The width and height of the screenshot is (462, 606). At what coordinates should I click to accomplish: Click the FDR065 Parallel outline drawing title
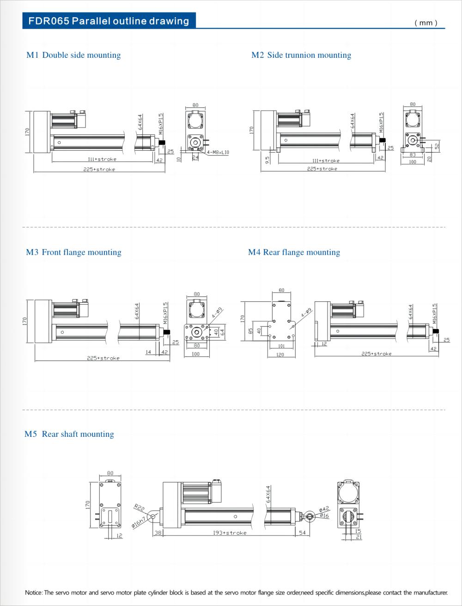pyautogui.click(x=109, y=21)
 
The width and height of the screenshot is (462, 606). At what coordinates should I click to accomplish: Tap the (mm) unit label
pyautogui.click(x=426, y=23)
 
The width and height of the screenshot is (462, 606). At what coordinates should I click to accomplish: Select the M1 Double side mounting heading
pyautogui.click(x=73, y=55)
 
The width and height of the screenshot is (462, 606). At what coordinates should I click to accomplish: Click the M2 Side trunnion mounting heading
pyautogui.click(x=301, y=55)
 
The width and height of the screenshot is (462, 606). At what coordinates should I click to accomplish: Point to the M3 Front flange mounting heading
pyautogui.click(x=73, y=252)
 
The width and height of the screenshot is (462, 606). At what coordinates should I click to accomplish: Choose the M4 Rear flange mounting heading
pyautogui.click(x=294, y=252)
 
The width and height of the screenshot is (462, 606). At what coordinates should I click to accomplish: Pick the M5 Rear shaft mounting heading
pyautogui.click(x=69, y=434)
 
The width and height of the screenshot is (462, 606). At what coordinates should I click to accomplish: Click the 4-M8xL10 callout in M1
pyautogui.click(x=218, y=153)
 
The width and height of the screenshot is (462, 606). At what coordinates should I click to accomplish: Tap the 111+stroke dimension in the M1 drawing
pyautogui.click(x=102, y=159)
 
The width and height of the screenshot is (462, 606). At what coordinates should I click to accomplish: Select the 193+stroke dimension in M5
pyautogui.click(x=230, y=533)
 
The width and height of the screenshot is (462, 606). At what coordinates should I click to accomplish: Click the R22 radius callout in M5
pyautogui.click(x=139, y=508)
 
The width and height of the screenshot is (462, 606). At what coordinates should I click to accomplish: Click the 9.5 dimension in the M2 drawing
pyautogui.click(x=267, y=159)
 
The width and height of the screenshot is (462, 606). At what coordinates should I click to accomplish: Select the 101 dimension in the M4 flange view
pyautogui.click(x=281, y=346)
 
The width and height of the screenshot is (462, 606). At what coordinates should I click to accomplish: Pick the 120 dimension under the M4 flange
pyautogui.click(x=280, y=355)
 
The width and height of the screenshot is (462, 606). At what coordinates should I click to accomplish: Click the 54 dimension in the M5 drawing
pyautogui.click(x=303, y=533)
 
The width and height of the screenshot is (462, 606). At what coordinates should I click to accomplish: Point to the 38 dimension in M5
pyautogui.click(x=158, y=533)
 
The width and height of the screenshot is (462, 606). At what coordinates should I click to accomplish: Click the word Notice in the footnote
pyautogui.click(x=33, y=593)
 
